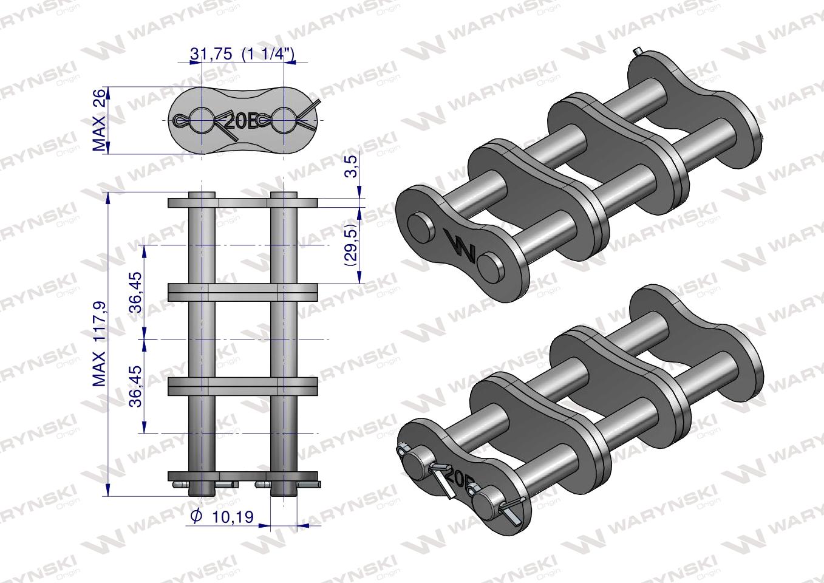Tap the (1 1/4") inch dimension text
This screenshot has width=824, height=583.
(x=268, y=54)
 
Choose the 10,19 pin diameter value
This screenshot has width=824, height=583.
(x=233, y=517)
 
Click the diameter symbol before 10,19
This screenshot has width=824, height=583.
(x=196, y=517)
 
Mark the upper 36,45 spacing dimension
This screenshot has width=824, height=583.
(x=136, y=291)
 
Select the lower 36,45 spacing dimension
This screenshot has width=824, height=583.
(x=136, y=386)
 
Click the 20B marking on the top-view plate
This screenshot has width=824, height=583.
(x=240, y=121)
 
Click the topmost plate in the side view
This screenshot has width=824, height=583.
(x=243, y=202)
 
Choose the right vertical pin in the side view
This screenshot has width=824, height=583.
(x=283, y=340)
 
